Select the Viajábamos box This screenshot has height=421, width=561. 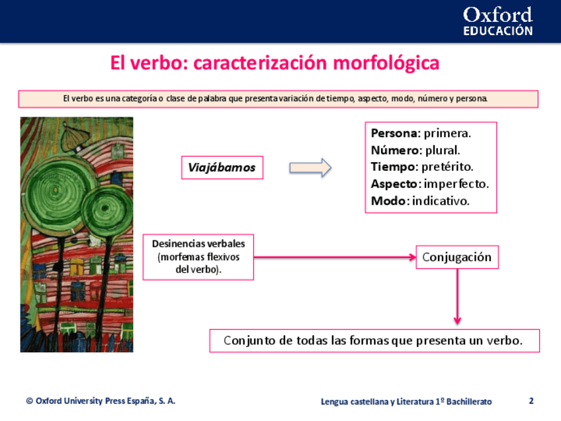coord(221,167)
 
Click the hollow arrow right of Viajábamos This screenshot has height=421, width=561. coord(310,167)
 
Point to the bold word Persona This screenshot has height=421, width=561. coord(396,133)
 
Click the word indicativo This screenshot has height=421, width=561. coord(441,201)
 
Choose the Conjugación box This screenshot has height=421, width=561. coord(456,257)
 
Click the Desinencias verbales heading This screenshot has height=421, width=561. coord(198,244)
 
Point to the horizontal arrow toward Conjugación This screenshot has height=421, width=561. coord(334,257)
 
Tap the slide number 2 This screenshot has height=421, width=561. coord(531,400)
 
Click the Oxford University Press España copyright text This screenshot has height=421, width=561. coord(101,401)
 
